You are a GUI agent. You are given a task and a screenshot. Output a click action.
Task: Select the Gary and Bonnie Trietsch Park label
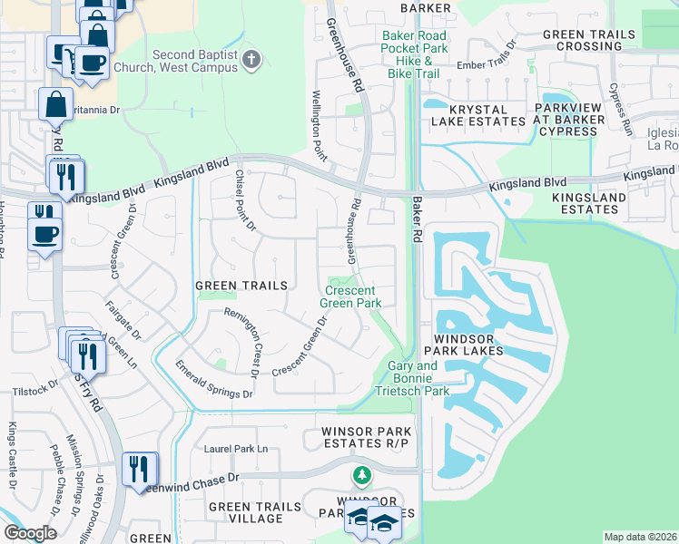[x=413, y=379]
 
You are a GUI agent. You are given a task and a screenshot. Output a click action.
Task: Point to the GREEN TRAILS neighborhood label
[x=241, y=286]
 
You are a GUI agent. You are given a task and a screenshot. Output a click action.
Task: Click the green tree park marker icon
[x=362, y=475]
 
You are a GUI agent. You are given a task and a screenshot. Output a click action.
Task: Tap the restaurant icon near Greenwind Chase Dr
[x=138, y=469]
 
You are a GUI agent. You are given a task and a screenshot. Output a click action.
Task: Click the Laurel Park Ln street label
[x=237, y=449]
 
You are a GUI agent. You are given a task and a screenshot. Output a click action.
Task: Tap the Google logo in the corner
[x=30, y=533]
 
